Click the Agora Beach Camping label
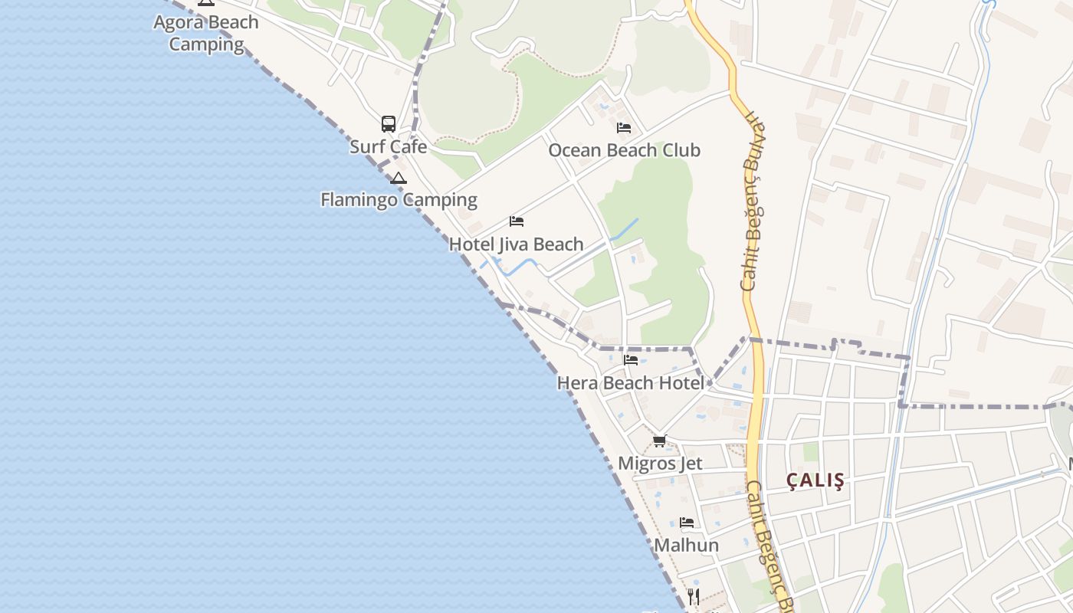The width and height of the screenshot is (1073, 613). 206,33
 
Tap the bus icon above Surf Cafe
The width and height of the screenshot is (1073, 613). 389,124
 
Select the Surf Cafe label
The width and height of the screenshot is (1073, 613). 388,146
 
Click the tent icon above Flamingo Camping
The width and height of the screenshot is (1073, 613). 398,179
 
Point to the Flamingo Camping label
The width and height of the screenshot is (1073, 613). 399,200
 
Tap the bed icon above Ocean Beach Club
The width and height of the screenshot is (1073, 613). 624,128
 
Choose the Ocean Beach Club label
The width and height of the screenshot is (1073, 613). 624,150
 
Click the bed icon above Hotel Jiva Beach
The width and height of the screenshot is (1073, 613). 517,221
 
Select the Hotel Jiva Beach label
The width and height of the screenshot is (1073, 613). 516,244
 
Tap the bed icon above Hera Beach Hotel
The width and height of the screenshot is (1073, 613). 631,359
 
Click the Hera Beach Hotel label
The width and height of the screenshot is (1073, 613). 630,382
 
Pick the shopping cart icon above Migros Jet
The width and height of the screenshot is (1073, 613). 659,441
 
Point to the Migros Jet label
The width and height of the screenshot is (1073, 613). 660,464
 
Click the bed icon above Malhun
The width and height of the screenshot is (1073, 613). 687,523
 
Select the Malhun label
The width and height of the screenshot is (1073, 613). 686,546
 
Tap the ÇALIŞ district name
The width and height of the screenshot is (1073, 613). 815,480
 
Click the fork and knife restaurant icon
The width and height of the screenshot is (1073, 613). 694,596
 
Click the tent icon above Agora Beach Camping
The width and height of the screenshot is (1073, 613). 205,2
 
